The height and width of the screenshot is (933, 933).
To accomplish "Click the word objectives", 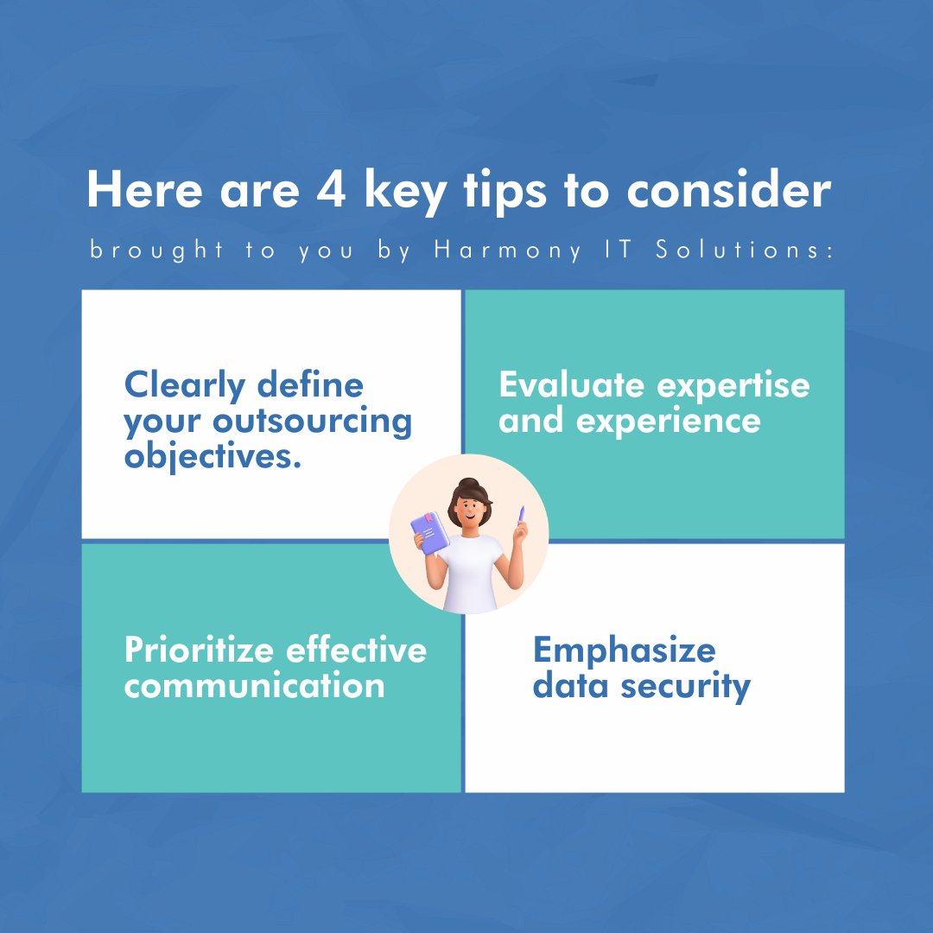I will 213,456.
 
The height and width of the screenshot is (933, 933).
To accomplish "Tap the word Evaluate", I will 572,385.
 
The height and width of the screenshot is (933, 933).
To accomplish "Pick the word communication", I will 254,686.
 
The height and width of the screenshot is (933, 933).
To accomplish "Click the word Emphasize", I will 624,650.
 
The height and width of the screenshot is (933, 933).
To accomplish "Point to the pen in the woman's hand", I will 521,516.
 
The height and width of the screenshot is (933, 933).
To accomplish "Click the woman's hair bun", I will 468,485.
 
